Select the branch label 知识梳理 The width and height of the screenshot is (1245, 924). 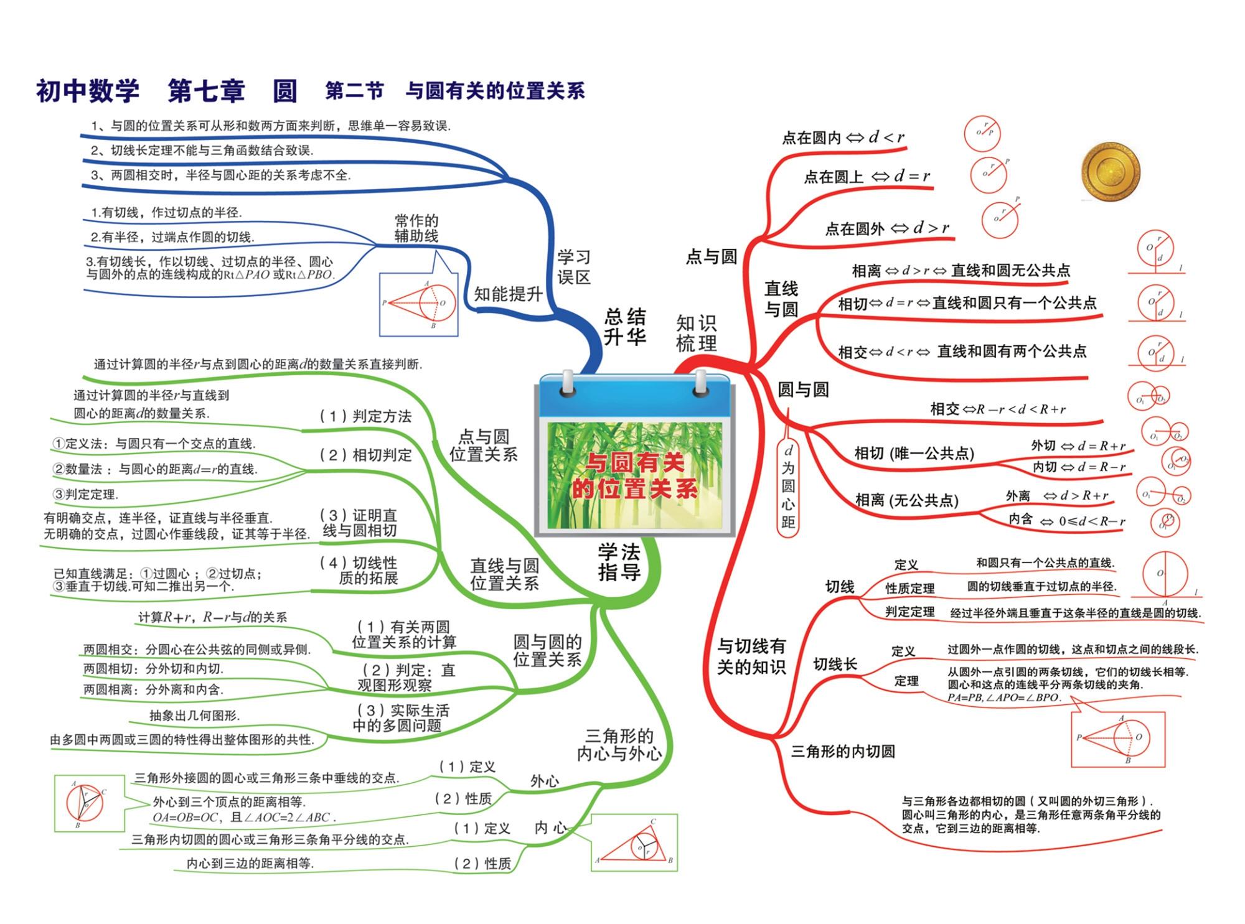(x=696, y=334)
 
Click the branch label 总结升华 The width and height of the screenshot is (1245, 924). (x=624, y=327)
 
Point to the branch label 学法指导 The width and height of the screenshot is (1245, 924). (x=619, y=562)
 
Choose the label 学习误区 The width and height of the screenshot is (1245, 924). (x=573, y=268)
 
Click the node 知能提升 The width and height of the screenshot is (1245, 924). (x=508, y=294)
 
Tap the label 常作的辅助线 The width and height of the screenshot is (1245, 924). (x=416, y=228)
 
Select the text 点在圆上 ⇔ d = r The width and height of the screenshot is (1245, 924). (x=867, y=177)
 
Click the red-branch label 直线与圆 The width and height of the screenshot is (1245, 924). (x=781, y=299)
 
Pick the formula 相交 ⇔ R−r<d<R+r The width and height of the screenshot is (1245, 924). (x=997, y=409)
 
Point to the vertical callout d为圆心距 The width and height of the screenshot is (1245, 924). (x=788, y=486)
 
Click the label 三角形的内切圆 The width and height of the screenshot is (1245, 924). (x=843, y=752)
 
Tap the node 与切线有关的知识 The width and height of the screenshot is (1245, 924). (x=751, y=656)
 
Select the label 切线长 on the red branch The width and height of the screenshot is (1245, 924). (x=835, y=665)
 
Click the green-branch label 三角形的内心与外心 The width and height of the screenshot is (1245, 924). (x=619, y=745)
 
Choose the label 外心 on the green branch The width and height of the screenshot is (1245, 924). (x=544, y=782)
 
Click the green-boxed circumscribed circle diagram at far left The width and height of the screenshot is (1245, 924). (x=88, y=803)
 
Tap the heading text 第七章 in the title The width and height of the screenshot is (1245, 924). (x=206, y=91)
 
